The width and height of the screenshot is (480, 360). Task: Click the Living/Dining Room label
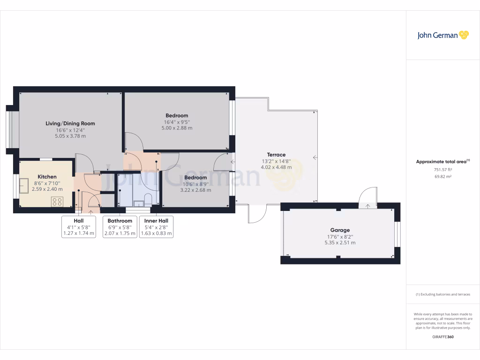click(70, 124)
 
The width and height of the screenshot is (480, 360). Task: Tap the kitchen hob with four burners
click(57, 202)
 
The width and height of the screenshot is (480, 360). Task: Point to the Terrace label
click(276, 155)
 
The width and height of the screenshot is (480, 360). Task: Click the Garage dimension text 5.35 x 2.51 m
click(340, 242)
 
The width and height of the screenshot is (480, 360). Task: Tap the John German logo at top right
click(442, 35)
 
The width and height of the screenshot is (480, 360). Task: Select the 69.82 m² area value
click(442, 176)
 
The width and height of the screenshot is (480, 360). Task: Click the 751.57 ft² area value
click(442, 170)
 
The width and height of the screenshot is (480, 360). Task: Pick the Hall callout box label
click(79, 221)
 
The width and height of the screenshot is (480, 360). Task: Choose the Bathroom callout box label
click(120, 221)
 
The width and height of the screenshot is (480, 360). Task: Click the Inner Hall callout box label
click(156, 221)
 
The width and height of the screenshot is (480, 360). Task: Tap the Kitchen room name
click(47, 177)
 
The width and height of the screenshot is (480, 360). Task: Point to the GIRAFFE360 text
click(442, 337)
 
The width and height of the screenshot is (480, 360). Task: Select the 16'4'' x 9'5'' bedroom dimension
click(177, 122)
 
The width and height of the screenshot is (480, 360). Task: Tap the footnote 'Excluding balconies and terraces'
click(442, 294)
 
